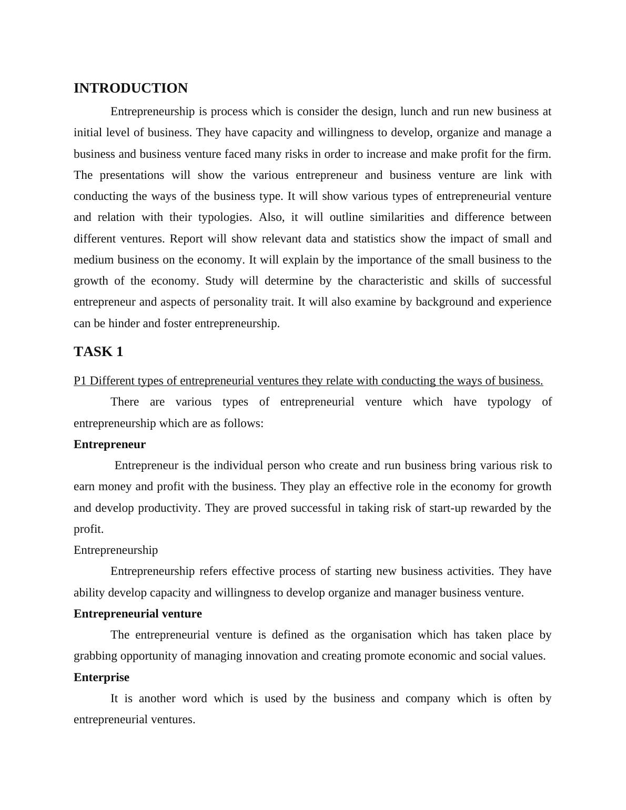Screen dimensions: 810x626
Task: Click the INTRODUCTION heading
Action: [x=130, y=88]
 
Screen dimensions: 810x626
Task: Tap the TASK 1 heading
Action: [x=98, y=352]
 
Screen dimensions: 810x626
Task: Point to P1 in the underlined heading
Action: [x=80, y=381]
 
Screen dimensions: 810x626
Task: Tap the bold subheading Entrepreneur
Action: [x=109, y=444]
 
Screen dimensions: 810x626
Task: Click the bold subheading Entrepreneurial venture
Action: [x=137, y=614]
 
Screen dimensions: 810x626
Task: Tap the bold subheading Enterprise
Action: [x=101, y=677]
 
